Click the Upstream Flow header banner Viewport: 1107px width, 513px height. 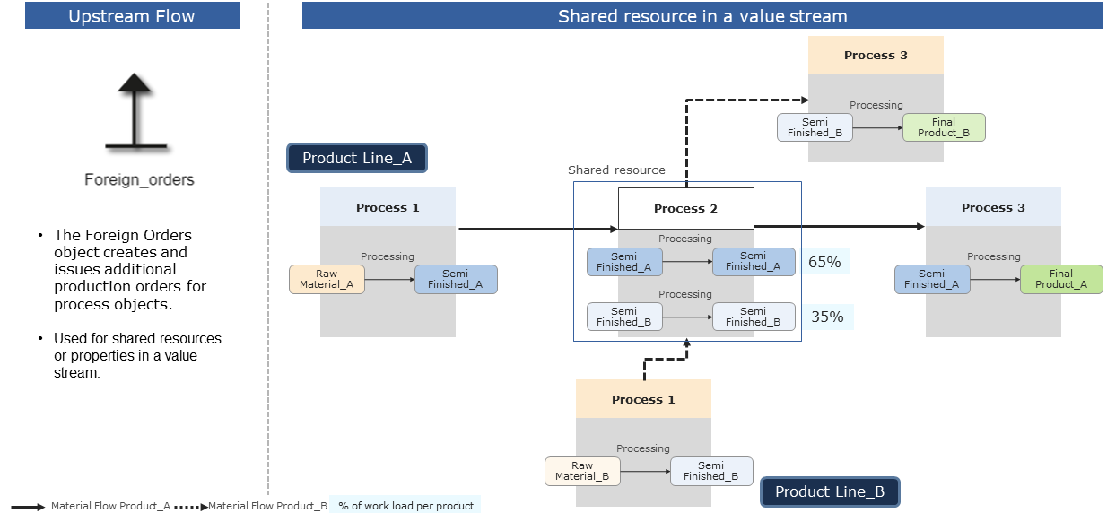coord(132,16)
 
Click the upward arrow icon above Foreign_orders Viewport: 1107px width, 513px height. coord(135,112)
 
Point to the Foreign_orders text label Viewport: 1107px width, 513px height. coord(139,179)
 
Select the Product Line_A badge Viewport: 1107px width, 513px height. coord(356,158)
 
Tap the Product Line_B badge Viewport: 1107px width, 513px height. coord(829,491)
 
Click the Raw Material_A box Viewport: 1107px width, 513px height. coord(327,279)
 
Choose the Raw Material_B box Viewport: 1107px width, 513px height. coord(582,471)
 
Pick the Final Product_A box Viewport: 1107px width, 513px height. coord(1060,279)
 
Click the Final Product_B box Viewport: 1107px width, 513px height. coord(943,127)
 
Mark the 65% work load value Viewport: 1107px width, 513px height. coord(824,262)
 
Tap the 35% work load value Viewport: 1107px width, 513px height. coord(826,317)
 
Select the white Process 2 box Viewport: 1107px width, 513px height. coord(685,208)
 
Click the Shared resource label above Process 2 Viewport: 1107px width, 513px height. coord(616,170)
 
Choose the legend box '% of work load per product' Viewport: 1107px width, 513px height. coord(405,505)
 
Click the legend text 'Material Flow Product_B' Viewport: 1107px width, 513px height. coord(267,506)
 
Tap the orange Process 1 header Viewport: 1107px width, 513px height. coord(642,399)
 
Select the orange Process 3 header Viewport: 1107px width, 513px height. coord(876,55)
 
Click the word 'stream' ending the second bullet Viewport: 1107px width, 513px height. coord(76,372)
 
